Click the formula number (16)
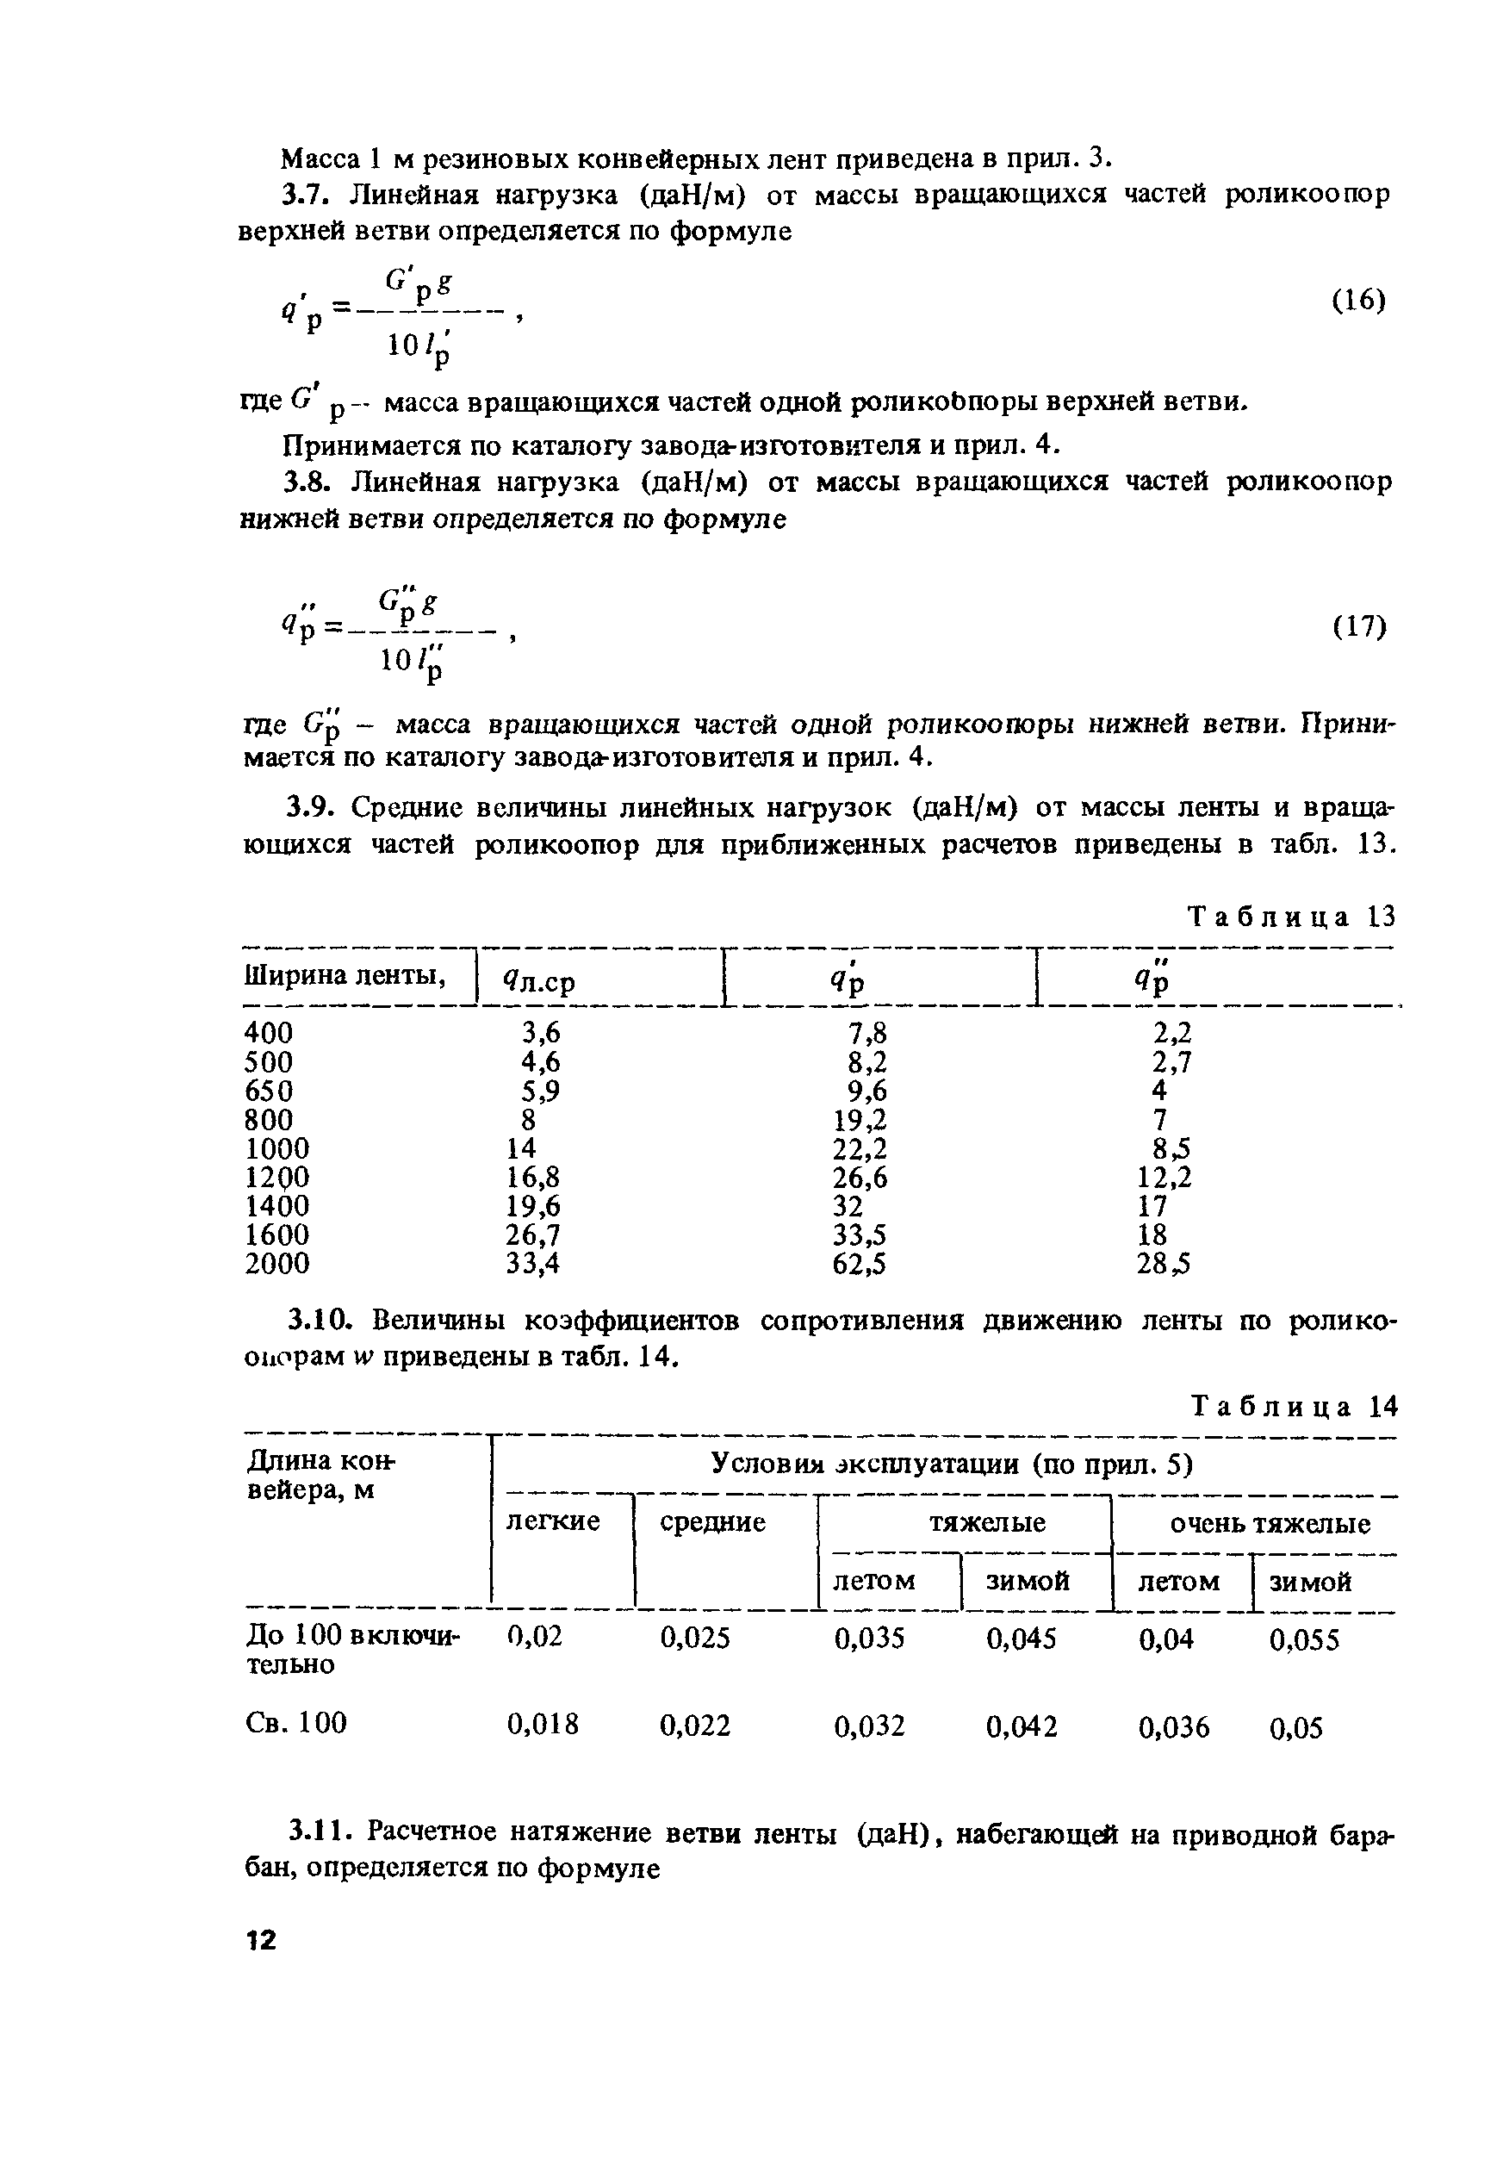pyautogui.click(x=1358, y=301)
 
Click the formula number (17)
pyautogui.click(x=1358, y=627)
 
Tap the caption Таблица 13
pyautogui.click(x=1290, y=917)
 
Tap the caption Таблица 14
pyautogui.click(x=1294, y=1407)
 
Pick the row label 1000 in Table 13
pyautogui.click(x=277, y=1148)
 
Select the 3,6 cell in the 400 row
pyautogui.click(x=541, y=1033)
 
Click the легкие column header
pyautogui.click(x=553, y=1521)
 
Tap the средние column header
pyautogui.click(x=712, y=1521)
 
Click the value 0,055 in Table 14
pyautogui.click(x=1304, y=1640)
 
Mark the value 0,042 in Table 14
pyautogui.click(x=1021, y=1726)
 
